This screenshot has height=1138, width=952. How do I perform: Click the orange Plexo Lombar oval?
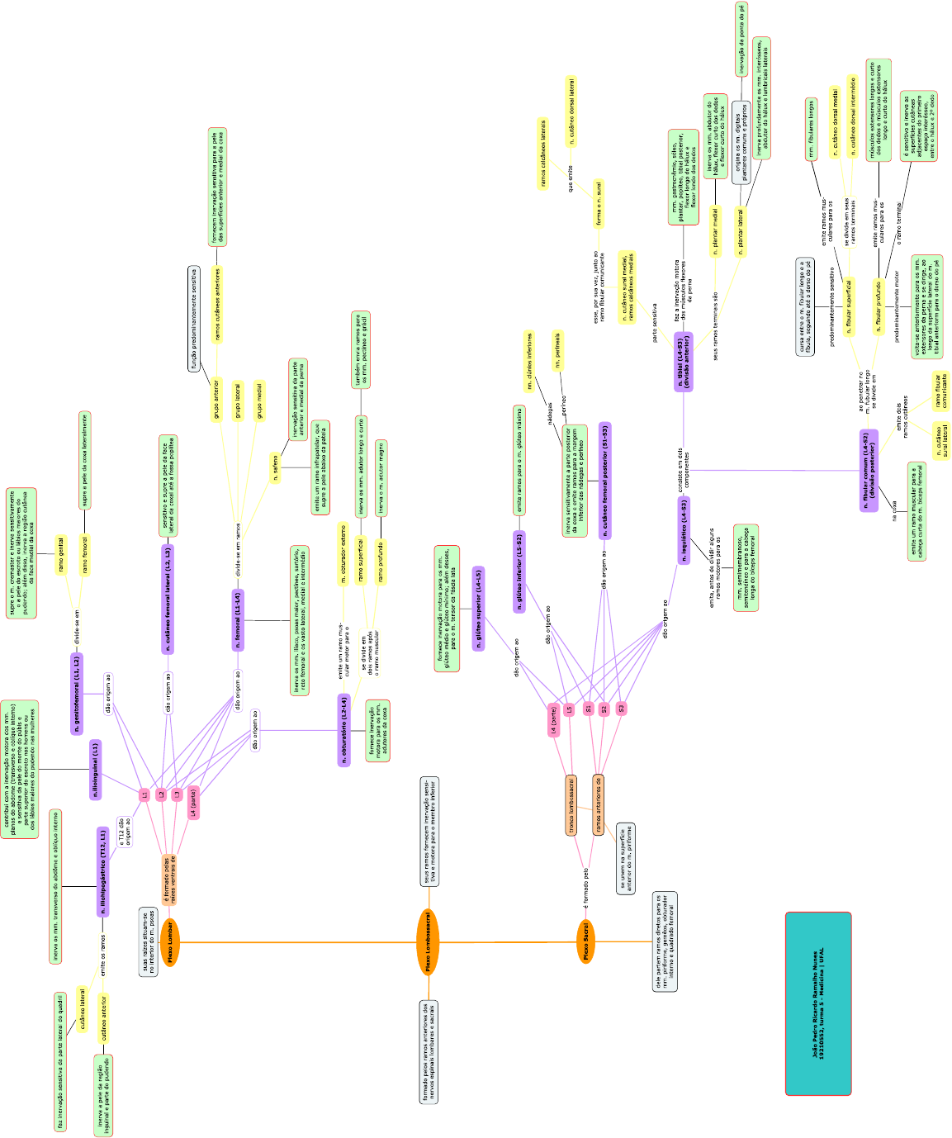click(x=170, y=941)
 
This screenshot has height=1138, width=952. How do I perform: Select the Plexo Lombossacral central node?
click(x=428, y=941)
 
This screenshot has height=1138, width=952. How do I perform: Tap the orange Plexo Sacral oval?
click(x=585, y=941)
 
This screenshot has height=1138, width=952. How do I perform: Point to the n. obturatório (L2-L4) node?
click(x=344, y=730)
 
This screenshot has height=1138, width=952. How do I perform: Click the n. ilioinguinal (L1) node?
click(x=96, y=770)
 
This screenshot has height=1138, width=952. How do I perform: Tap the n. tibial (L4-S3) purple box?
click(x=684, y=362)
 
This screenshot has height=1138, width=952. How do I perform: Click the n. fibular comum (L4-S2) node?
click(x=869, y=470)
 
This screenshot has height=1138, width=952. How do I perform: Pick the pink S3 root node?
click(x=621, y=709)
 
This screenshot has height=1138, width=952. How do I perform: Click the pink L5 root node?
click(x=569, y=709)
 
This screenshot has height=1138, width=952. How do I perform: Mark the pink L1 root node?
click(x=144, y=794)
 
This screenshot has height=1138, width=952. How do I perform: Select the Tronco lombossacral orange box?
click(x=571, y=805)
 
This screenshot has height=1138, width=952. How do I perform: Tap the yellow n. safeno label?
click(x=275, y=467)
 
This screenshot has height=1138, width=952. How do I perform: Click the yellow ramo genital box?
click(x=60, y=553)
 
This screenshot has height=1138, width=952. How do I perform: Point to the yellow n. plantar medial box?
click(x=716, y=230)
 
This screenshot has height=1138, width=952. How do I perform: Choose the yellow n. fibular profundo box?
click(x=879, y=305)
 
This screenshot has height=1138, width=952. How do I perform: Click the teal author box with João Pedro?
click(x=818, y=1003)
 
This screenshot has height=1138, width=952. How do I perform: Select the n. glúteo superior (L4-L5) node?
click(x=478, y=609)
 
